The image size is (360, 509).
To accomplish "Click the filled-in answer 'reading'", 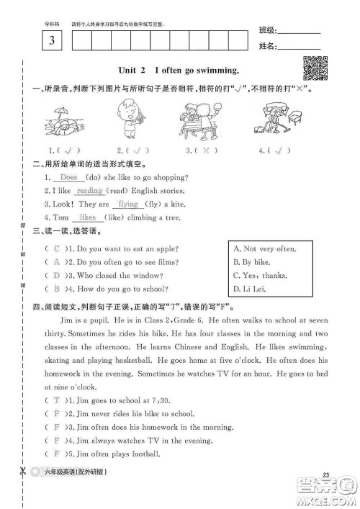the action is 90,191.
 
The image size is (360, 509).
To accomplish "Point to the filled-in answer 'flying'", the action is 127,204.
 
